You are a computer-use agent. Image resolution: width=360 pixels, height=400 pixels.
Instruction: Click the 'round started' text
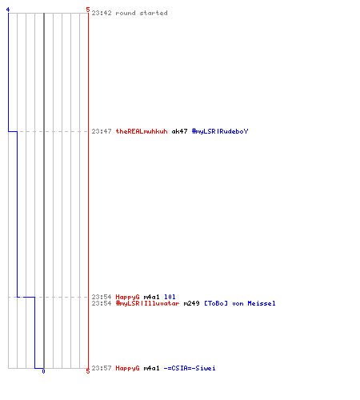(142, 13)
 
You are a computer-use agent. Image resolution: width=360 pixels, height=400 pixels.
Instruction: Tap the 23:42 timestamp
(102, 13)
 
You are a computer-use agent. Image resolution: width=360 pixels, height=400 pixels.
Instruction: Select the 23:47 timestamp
(102, 131)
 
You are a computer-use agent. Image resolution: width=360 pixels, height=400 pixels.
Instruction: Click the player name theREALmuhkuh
(142, 131)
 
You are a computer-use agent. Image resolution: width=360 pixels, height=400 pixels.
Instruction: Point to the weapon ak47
(179, 131)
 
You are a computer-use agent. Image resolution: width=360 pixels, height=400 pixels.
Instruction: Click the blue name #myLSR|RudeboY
(220, 131)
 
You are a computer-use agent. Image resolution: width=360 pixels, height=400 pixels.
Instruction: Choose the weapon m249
(191, 303)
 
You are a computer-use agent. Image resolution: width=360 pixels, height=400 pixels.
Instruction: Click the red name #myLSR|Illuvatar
(147, 303)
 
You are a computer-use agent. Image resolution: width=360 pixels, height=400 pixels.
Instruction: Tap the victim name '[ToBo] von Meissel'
(240, 303)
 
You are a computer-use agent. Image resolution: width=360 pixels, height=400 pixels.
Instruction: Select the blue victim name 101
(170, 297)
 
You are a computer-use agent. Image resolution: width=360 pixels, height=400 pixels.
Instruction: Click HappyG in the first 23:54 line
(127, 297)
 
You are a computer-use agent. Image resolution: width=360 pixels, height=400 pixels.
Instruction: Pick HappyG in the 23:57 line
(127, 368)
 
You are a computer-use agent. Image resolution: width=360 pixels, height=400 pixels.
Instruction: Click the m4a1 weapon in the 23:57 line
(151, 368)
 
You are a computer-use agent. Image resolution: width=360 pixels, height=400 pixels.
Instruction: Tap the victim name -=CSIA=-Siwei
(190, 368)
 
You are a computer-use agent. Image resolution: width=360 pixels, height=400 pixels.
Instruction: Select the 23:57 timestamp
(102, 368)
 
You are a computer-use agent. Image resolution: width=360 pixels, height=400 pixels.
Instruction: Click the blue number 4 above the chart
(8, 10)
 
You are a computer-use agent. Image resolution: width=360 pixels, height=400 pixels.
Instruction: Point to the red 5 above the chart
(88, 10)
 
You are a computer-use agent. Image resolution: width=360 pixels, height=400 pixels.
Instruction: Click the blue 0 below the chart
(43, 371)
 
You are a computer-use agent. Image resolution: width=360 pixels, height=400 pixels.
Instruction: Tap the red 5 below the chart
(88, 371)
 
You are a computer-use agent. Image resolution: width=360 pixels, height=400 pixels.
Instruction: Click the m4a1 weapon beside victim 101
(151, 297)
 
